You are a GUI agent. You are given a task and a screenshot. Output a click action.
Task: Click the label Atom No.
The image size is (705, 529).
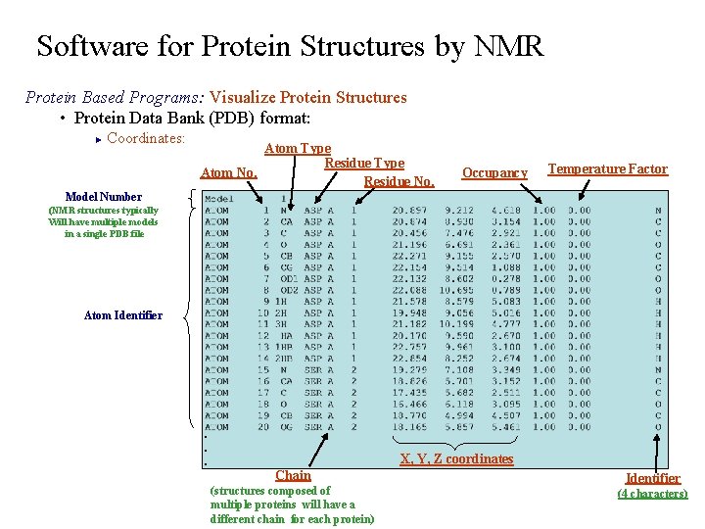(229, 173)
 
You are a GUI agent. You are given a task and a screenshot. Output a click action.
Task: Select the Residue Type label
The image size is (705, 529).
(363, 163)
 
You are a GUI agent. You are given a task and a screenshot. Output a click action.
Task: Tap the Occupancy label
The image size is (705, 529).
(494, 173)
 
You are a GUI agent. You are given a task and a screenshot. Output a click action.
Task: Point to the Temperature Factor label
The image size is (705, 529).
(607, 169)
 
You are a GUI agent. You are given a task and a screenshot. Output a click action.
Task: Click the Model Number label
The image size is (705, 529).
(103, 197)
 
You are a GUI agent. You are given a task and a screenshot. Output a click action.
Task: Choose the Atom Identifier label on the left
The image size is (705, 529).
(123, 315)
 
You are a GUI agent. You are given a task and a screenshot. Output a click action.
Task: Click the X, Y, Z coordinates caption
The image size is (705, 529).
(456, 458)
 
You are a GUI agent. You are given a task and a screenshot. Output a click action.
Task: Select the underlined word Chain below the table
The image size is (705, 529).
(293, 475)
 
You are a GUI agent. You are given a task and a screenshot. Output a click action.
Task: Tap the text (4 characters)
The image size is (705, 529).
(652, 494)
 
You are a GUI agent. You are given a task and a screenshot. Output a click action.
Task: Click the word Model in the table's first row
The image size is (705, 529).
(220, 199)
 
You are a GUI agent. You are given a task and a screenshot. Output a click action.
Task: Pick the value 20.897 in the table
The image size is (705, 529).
(409, 210)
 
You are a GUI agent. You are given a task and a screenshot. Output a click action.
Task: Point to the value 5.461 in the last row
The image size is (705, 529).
(506, 427)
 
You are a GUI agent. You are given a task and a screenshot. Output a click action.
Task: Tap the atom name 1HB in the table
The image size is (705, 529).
(284, 347)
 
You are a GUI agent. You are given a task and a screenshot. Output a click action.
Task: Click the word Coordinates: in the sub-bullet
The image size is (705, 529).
(146, 138)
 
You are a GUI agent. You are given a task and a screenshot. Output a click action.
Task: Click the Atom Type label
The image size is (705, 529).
(298, 149)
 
